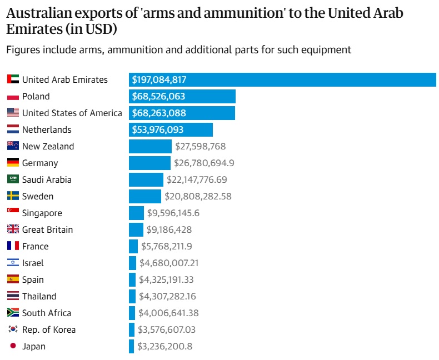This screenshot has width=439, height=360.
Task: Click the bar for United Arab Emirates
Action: [282, 80]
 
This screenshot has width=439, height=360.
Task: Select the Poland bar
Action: [182, 97]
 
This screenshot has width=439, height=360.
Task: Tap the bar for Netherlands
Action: [171, 130]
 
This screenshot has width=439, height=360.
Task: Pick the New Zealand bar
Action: [150, 147]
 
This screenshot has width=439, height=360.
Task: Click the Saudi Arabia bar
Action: [146, 180]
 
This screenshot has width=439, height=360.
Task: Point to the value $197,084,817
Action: [158, 80]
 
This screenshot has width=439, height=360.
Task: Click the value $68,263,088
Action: [158, 113]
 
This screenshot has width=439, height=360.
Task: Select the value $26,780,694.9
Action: [204, 163]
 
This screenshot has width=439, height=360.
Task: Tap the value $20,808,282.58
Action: [198, 197]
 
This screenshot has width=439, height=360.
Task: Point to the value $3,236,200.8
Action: [165, 347]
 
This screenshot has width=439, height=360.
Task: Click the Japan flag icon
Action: [13, 347]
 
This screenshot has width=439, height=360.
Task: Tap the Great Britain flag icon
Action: [13, 230]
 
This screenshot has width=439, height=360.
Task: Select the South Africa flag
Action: [13, 313]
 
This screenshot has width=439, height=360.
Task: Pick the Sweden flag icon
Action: [13, 197]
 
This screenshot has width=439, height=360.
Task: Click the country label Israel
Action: [33, 263]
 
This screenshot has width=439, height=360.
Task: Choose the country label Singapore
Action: [42, 213]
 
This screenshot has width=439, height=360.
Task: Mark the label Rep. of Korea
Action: [49, 330]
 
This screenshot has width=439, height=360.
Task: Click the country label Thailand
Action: [39, 297]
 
